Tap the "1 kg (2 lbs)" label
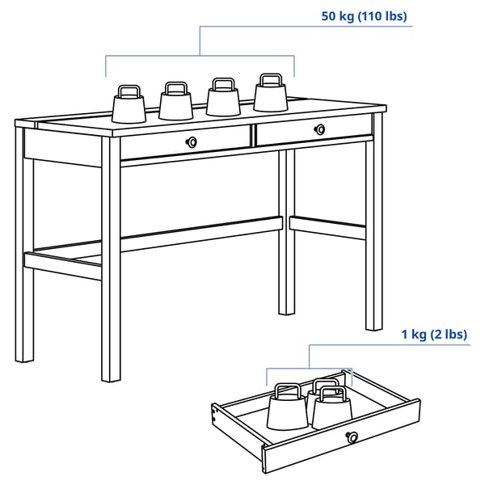[x=434, y=334]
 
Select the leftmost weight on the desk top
[x=128, y=107]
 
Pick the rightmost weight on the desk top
[x=271, y=96]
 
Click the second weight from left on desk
[x=175, y=103]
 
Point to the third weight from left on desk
[x=223, y=99]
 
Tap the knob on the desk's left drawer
[x=192, y=142]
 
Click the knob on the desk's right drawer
[x=320, y=129]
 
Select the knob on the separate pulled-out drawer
[x=352, y=437]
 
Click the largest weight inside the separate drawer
[x=287, y=410]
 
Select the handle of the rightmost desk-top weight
[x=270, y=80]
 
